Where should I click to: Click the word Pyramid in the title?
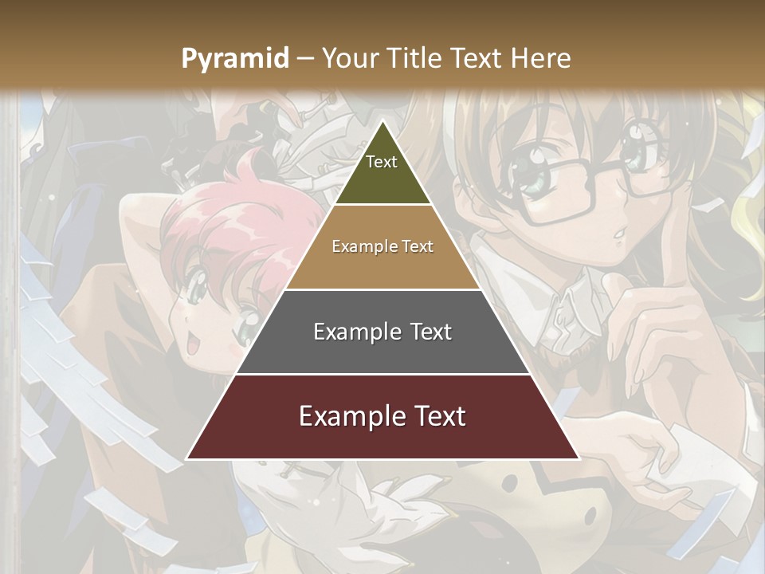(235, 58)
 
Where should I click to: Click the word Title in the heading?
(417, 58)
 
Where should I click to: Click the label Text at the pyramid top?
(382, 162)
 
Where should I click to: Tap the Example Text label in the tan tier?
(382, 246)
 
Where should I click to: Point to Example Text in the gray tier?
(382, 332)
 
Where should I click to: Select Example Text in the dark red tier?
(382, 416)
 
